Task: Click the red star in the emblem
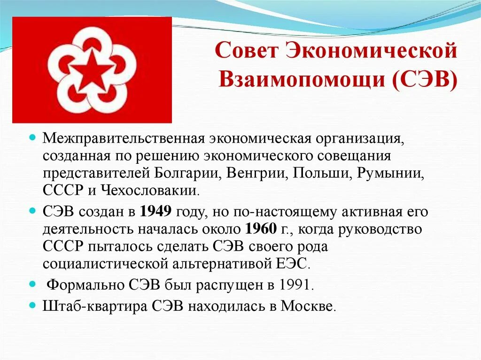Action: [92, 70]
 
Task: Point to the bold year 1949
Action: [156, 212]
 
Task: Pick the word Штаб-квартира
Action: [95, 306]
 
